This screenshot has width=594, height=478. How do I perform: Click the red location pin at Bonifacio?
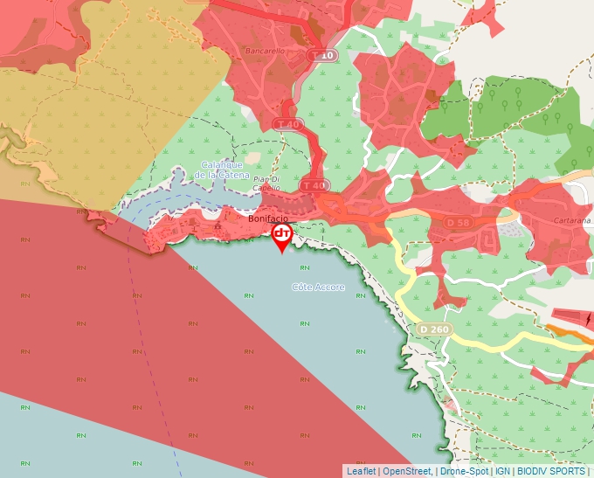(x=282, y=234)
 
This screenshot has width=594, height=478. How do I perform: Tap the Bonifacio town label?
(x=268, y=218)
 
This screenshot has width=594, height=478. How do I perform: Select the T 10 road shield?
(x=323, y=55)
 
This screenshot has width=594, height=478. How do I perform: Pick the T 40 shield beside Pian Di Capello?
(x=313, y=185)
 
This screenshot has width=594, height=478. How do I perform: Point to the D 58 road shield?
(x=459, y=222)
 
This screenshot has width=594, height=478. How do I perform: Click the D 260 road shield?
(x=433, y=329)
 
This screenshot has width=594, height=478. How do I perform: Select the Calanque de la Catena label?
(x=222, y=170)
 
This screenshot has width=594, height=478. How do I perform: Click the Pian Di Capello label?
(x=266, y=183)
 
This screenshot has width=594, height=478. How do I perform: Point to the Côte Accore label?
(x=318, y=287)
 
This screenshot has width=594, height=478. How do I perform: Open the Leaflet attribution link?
(x=361, y=471)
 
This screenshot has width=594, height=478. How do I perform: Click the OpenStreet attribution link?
(x=407, y=471)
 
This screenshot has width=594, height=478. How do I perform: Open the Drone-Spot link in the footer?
(x=464, y=471)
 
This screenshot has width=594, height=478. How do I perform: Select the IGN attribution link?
(x=503, y=471)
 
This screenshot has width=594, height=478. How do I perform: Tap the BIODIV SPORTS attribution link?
(x=551, y=471)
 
